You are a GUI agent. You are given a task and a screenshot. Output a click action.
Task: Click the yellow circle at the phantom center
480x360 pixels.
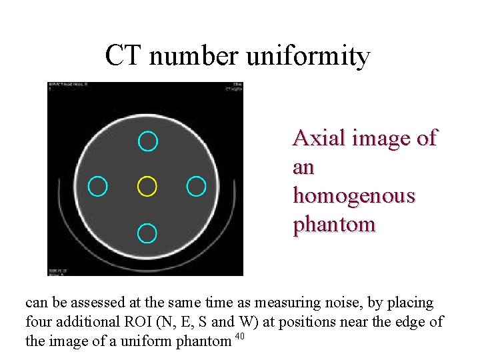tap(147, 187)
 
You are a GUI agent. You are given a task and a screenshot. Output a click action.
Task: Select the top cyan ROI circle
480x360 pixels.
tap(147, 141)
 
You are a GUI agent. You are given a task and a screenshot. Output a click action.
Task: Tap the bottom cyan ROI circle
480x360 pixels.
tap(147, 232)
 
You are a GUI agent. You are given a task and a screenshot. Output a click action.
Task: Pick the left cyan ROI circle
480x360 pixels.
tap(98, 187)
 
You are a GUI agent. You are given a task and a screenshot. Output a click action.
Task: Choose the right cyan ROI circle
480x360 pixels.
tap(196, 187)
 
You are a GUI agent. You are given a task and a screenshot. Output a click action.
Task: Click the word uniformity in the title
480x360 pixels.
tap(308, 57)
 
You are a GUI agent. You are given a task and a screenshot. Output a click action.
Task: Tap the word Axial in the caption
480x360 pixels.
tap(314, 138)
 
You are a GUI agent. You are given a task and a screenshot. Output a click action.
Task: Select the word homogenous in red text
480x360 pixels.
tap(353, 197)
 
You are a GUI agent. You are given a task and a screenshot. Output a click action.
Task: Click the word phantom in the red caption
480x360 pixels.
tap(334, 225)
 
